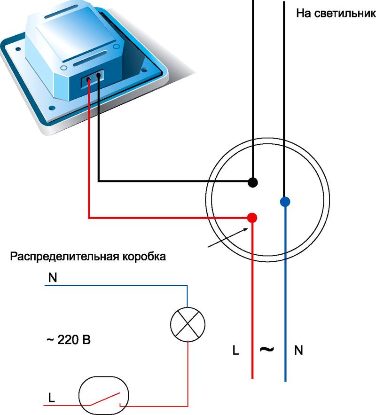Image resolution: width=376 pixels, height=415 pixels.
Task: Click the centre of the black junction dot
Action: click(253, 182)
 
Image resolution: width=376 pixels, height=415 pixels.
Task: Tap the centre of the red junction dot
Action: click(252, 218)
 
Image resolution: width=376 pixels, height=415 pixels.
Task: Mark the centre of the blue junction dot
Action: click(285, 202)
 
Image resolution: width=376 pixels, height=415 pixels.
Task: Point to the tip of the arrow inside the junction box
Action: click(248, 228)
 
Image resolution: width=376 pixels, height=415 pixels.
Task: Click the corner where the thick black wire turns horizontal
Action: click(98, 181)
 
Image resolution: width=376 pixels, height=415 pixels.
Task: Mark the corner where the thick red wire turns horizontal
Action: click(89, 218)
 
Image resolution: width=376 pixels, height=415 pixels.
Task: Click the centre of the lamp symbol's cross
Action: click(188, 324)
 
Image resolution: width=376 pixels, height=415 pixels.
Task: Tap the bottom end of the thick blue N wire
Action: click(285, 381)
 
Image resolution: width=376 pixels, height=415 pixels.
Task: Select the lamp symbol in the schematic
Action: click(188, 324)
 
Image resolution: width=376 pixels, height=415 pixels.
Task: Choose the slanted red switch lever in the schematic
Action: click(105, 399)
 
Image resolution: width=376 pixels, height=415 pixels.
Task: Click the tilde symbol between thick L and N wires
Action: click(267, 349)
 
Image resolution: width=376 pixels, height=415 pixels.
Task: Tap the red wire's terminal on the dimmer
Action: click(88, 79)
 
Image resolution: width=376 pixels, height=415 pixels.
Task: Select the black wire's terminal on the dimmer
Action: click(99, 75)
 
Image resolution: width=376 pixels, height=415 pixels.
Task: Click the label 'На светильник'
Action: click(336, 13)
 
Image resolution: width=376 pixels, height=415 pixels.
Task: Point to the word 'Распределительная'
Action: click(64, 257)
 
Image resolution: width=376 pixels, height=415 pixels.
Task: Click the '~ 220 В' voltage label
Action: click(69, 340)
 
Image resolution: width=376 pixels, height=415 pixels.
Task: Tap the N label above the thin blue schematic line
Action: click(53, 277)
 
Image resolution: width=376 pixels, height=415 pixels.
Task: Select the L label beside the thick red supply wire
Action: click(235, 350)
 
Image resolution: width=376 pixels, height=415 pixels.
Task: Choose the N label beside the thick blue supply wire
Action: click(298, 350)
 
